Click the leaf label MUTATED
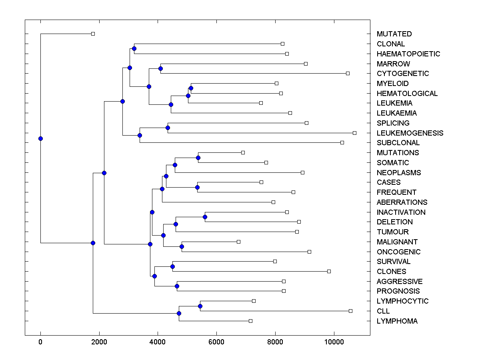click(394, 34)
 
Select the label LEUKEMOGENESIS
click(410, 133)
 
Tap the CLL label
click(383, 311)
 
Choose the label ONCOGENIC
click(398, 252)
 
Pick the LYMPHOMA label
click(397, 321)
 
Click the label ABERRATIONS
click(402, 202)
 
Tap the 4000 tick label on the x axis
click(158, 342)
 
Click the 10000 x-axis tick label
click(334, 342)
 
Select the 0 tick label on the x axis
click(40, 342)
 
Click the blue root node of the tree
click(40, 138)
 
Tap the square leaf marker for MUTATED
click(93, 34)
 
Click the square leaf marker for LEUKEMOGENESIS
click(354, 133)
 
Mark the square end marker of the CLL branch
click(350, 311)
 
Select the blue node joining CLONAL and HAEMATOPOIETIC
click(134, 49)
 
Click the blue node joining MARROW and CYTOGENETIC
click(160, 68)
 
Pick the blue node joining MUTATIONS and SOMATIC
click(198, 158)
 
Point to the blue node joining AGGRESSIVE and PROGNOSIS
click(177, 286)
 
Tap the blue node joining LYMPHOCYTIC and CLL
click(200, 306)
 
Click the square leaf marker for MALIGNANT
click(238, 242)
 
